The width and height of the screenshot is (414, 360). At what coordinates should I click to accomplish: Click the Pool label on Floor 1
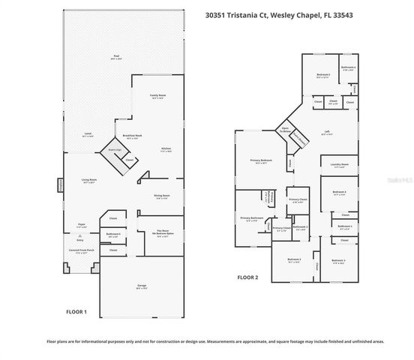[116, 55]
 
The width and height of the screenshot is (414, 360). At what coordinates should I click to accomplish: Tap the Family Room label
[157, 95]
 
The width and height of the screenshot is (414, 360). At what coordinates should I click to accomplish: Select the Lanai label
[87, 134]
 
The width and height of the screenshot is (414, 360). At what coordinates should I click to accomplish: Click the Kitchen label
[166, 149]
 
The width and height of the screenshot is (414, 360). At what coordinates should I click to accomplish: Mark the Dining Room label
[162, 195]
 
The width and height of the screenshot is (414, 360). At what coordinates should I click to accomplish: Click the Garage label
[142, 286]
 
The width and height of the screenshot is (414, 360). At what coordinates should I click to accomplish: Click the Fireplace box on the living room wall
[60, 185]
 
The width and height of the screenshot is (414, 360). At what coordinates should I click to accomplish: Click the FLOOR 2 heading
[247, 277]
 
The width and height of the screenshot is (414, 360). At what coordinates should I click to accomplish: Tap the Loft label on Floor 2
[327, 132]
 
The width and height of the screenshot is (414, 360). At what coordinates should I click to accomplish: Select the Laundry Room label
[340, 165]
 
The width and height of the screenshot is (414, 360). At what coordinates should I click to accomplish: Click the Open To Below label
[285, 129]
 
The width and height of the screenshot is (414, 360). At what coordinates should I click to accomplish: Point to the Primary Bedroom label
[261, 160]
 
